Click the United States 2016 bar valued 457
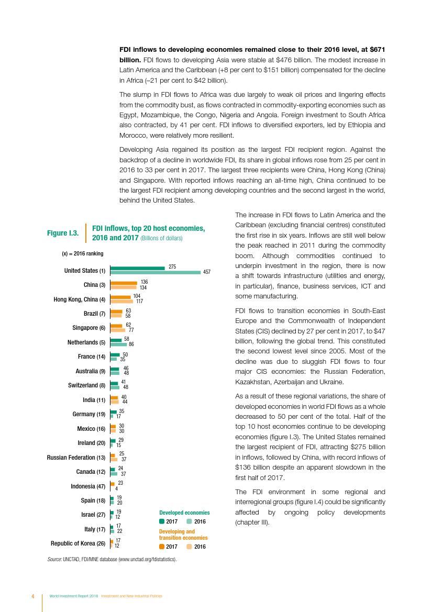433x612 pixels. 156,272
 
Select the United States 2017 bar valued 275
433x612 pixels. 137,268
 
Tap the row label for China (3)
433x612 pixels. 94,285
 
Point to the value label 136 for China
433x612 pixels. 144,282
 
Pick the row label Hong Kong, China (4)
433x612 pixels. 80,299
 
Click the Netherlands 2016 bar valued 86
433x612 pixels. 118,344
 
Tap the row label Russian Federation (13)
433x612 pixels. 76,458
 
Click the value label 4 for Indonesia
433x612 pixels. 116,488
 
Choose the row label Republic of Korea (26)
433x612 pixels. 77,543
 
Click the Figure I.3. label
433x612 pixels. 63,233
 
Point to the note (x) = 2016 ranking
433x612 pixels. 82,253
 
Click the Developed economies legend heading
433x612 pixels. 184,513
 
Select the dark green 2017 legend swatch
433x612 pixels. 162,521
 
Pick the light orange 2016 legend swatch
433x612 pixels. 189,547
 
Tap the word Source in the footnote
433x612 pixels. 54,559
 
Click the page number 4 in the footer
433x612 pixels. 33,596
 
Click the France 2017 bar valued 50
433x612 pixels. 115,355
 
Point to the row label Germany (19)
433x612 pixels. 88,414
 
